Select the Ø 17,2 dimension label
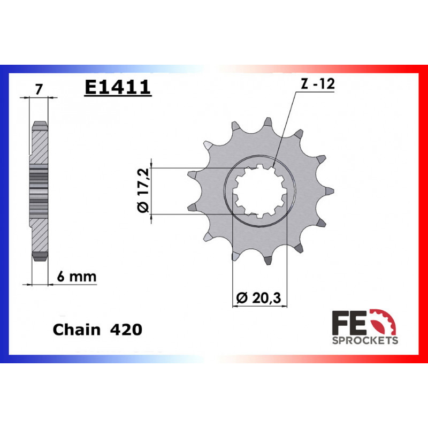point(141,190)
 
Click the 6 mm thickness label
point(77,277)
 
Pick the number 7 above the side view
point(37,90)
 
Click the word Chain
point(76,330)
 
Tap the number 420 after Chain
point(127,330)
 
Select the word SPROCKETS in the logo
point(365,340)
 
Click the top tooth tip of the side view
point(39,127)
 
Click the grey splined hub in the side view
point(39,182)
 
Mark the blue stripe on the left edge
point(4,214)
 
